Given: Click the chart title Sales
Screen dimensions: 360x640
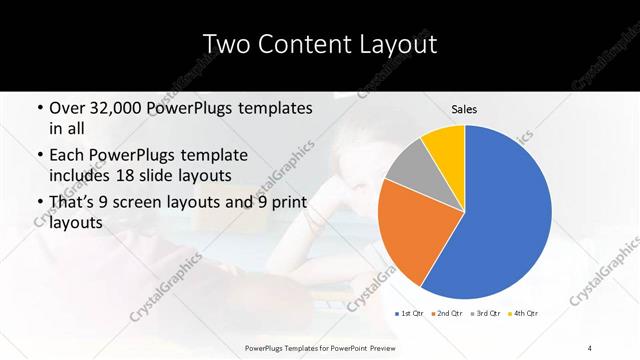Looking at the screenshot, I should click(x=464, y=108).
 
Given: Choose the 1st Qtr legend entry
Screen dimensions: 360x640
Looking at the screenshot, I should click(x=410, y=314).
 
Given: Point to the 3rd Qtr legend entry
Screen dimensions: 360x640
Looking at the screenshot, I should click(x=487, y=314).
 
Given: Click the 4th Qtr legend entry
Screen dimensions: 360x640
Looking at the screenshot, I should click(x=526, y=314).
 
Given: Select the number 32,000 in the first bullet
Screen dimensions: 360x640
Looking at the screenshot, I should click(x=111, y=108).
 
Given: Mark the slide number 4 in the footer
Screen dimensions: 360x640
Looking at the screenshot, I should click(x=590, y=347).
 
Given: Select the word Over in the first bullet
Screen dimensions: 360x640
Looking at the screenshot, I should click(x=67, y=108).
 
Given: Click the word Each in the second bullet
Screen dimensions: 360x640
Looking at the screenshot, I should click(x=67, y=156).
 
